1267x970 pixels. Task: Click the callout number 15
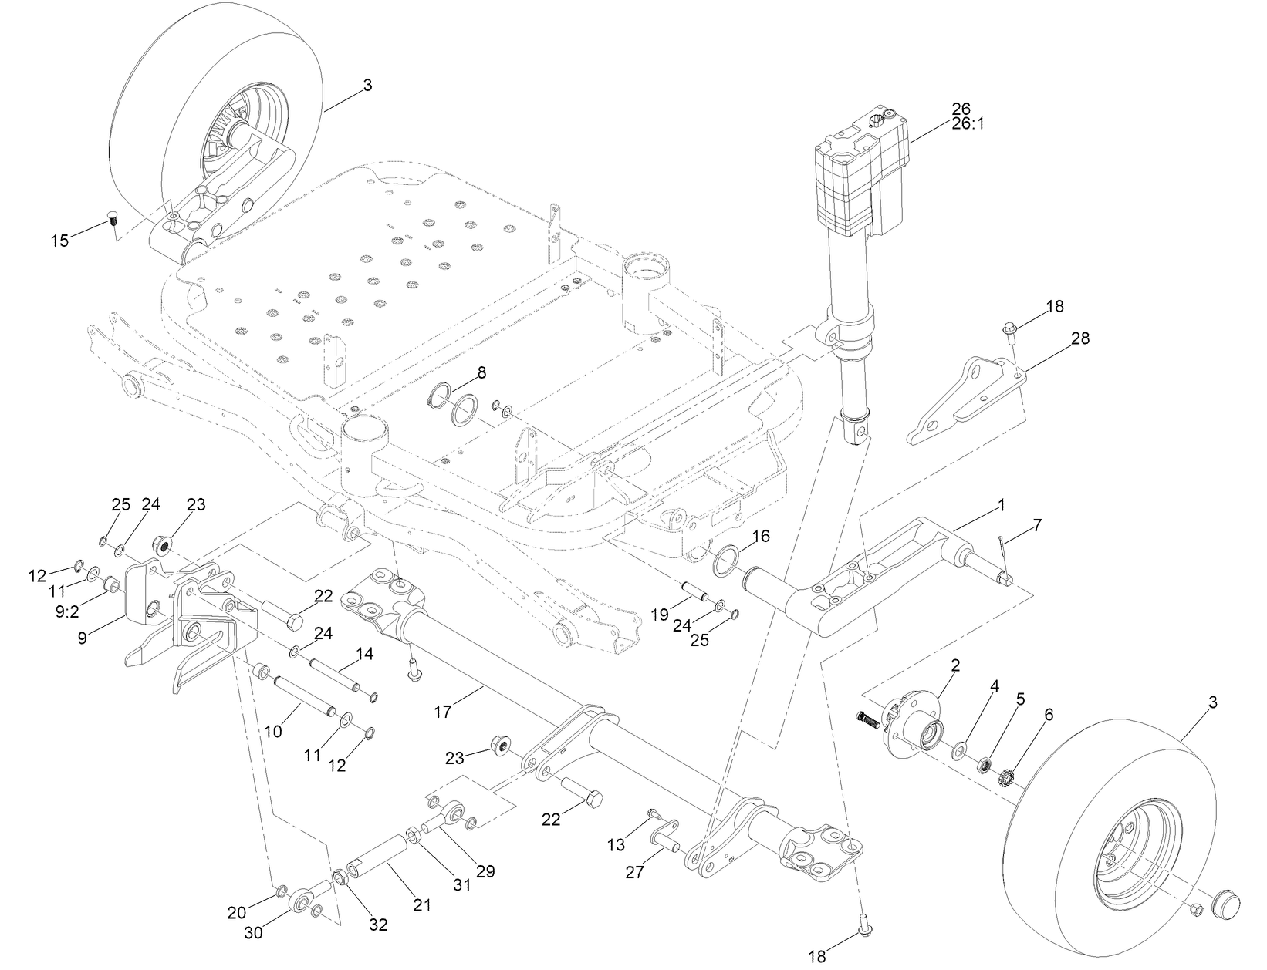point(59,241)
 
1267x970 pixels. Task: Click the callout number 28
point(1079,338)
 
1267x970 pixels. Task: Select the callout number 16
point(761,536)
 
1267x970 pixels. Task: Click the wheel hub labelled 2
point(914,722)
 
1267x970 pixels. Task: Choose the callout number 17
point(442,712)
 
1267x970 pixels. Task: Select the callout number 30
point(253,932)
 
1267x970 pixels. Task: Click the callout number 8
point(481,372)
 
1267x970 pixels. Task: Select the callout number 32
point(378,924)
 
